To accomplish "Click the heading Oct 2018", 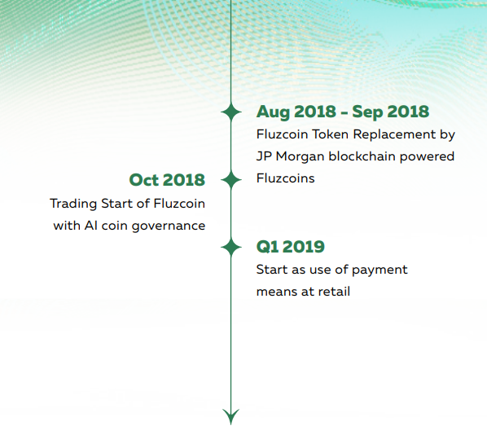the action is [167, 180].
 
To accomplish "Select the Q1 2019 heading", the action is [291, 247].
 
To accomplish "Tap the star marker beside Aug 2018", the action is [230, 112].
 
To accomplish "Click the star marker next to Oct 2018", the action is [230, 180].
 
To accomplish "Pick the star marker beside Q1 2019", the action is [230, 248].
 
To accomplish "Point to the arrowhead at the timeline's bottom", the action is [230, 416].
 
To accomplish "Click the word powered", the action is [427, 157].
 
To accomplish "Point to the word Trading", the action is [73, 204].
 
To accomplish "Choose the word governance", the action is [169, 226].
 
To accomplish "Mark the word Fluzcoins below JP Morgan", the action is [285, 178].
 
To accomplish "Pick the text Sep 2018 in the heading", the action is [390, 112].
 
